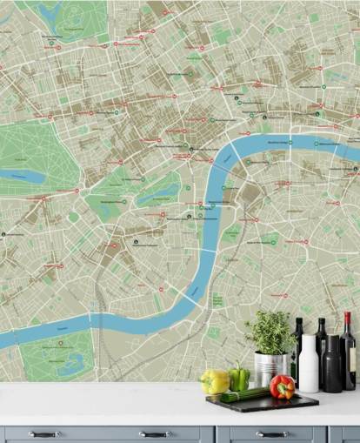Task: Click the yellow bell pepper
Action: [214, 381]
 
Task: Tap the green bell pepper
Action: [238, 378]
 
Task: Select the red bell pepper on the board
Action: [282, 387]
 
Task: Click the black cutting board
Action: [261, 403]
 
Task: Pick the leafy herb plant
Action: [270, 332]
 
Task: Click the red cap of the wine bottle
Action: [348, 319]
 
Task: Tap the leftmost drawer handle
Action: [43, 433]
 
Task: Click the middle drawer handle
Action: [154, 433]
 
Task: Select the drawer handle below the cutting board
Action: [269, 433]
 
